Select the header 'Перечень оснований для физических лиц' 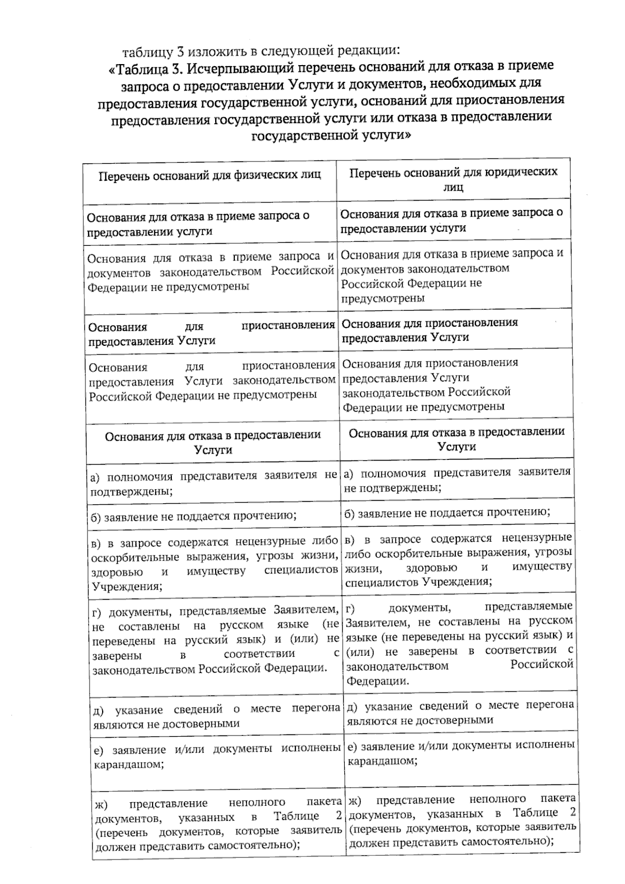[x=210, y=175]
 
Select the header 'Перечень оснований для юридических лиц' [x=453, y=179]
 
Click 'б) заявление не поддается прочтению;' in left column [x=193, y=516]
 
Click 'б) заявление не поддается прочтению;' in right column [x=447, y=512]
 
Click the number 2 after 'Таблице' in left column [x=339, y=816]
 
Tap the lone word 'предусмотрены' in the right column [x=383, y=298]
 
